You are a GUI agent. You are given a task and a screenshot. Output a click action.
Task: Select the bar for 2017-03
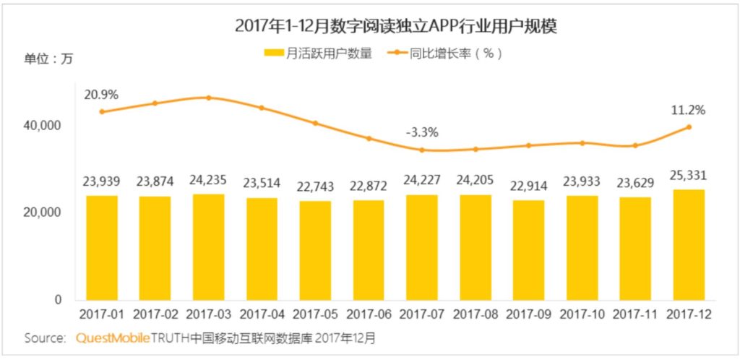coord(208,247)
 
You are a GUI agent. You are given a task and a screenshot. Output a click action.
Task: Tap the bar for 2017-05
coord(315,250)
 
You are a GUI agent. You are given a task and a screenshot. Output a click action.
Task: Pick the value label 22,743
coord(315,188)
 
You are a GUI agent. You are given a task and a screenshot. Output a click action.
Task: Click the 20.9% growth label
coord(101,95)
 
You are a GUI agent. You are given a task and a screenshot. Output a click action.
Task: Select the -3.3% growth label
coord(421,132)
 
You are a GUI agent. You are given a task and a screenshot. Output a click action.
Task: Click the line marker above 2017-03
coord(208,98)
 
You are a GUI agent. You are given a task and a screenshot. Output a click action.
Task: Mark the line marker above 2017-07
coord(421,150)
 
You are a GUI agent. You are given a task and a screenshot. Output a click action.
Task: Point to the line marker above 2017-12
coord(689,127)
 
